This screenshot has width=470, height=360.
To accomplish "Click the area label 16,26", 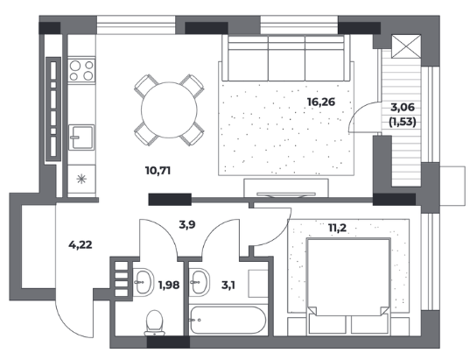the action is [x=321, y=102].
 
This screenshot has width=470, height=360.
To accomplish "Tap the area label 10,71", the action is [x=158, y=171].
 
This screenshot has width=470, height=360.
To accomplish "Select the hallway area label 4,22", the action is [x=81, y=245].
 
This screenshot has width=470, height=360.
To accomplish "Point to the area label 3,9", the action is [x=187, y=224].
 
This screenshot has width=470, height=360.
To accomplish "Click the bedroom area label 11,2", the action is [x=337, y=228].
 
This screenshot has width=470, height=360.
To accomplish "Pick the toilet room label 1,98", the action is [x=169, y=285].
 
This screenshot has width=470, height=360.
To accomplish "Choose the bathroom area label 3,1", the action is [x=228, y=286].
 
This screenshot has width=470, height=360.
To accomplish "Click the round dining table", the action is [x=169, y=109].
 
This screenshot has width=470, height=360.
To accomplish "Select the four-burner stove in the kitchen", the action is [x=81, y=70].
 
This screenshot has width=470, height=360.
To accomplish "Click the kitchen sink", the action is [x=81, y=138].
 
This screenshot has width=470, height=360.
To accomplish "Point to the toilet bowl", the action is [x=155, y=323].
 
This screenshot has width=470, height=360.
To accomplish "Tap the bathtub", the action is [x=228, y=320].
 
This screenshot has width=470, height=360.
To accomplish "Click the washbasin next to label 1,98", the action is [x=143, y=282].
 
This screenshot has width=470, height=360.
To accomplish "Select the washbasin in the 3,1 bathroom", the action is [x=200, y=282].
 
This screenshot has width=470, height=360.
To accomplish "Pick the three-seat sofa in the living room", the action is [x=286, y=58].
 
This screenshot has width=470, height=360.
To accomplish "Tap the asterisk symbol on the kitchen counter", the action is [x=81, y=180].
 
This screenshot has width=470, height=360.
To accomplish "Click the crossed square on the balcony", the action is [x=406, y=46].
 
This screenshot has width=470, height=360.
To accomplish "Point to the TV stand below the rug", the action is [x=286, y=187].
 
